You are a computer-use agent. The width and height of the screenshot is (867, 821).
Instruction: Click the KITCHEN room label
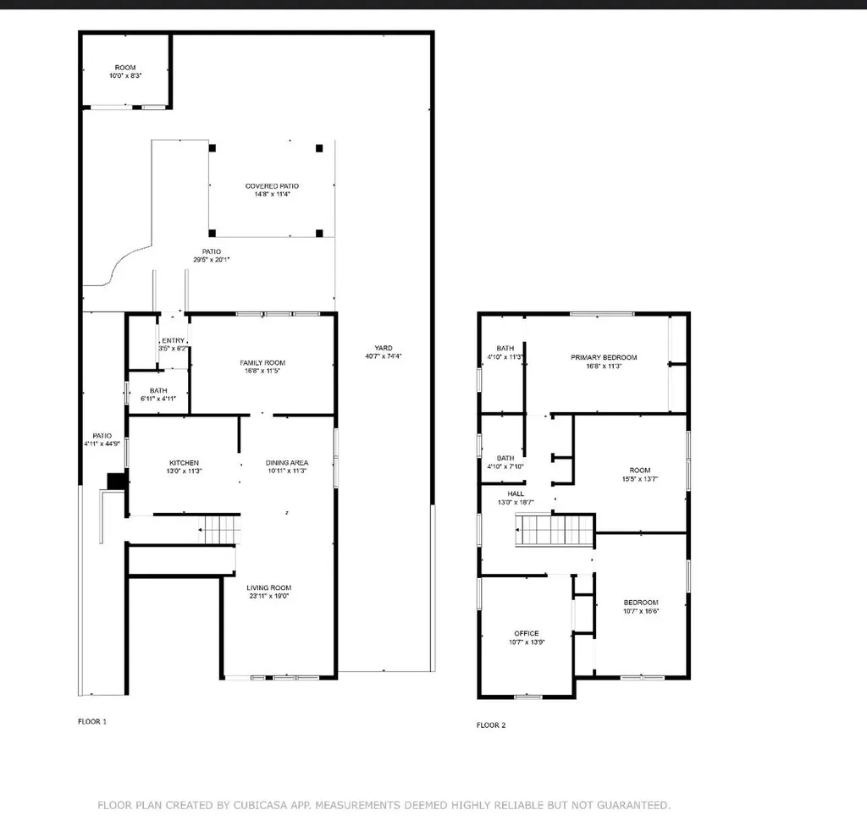pos(185,463)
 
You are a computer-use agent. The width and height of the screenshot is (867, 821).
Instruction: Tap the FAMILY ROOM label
pos(262,362)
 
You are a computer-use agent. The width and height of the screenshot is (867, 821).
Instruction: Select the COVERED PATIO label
pos(272,186)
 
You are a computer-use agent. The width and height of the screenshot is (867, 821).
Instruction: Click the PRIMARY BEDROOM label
pos(603,357)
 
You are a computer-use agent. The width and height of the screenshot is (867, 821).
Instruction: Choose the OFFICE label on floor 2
pos(526,633)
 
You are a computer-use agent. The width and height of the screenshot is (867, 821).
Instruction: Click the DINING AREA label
pos(287,463)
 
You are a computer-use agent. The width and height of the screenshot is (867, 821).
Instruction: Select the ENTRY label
pos(173,340)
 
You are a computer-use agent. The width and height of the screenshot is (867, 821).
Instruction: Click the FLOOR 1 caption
pos(92,722)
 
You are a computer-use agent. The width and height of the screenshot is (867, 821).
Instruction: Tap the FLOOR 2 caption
pos(492,725)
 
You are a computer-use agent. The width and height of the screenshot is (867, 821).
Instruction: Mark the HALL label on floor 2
pos(516,493)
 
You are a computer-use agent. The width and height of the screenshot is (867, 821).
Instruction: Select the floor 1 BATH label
pos(158,390)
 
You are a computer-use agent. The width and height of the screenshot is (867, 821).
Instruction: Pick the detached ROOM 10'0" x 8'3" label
pos(125,68)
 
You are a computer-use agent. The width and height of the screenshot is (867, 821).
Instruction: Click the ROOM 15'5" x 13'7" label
pos(639,470)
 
